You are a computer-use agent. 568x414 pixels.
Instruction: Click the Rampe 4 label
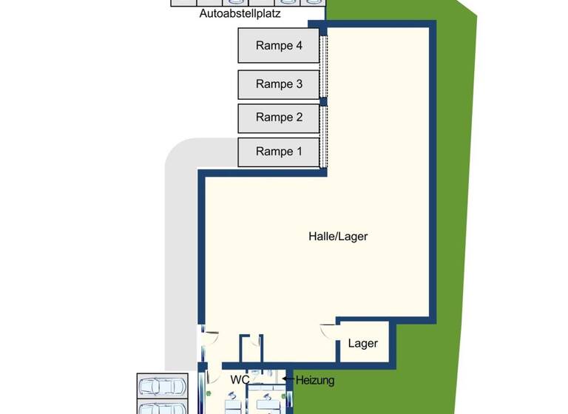279,45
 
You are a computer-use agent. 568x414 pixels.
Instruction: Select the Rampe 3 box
279,84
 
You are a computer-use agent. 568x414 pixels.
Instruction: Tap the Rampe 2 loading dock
279,118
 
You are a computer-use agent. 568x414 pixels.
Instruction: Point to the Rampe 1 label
279,152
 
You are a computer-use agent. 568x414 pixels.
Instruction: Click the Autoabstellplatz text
240,13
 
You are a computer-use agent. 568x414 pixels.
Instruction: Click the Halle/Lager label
338,237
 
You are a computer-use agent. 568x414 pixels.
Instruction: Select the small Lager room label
362,343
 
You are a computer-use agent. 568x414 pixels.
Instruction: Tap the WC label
240,379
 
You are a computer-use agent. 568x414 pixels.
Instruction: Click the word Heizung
316,381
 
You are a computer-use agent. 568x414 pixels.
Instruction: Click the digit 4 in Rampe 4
299,45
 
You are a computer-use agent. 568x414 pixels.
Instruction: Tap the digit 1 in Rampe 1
299,152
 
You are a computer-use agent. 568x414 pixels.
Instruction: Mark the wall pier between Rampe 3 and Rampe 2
323,101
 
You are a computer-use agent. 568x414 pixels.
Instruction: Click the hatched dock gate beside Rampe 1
323,151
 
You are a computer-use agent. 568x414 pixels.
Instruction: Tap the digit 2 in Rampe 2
299,118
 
